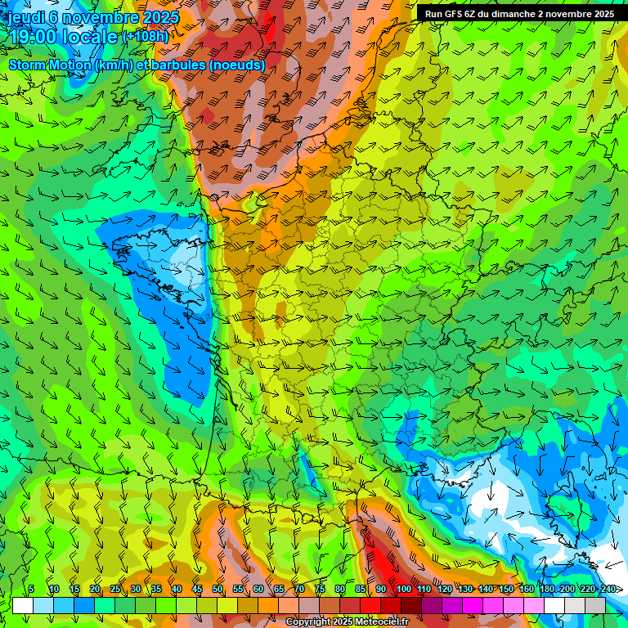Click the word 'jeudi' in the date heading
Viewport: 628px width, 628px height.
[x=27, y=17]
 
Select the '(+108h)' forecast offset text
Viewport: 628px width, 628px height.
[x=146, y=36]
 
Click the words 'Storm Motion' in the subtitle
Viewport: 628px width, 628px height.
[x=49, y=65]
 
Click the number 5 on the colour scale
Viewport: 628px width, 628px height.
[x=31, y=589]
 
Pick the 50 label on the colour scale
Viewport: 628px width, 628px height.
[x=218, y=589]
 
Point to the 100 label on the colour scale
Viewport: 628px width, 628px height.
[x=403, y=589]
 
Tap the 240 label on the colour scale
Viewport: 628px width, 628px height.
[x=608, y=589]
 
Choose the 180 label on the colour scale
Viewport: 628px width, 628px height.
[x=546, y=589]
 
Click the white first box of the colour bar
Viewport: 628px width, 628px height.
[x=23, y=605]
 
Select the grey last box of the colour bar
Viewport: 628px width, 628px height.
[x=595, y=605]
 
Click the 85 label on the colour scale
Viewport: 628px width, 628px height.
[x=361, y=589]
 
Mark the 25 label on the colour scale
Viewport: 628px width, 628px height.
[x=115, y=589]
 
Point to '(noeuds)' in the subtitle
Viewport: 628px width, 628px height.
[x=236, y=65]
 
